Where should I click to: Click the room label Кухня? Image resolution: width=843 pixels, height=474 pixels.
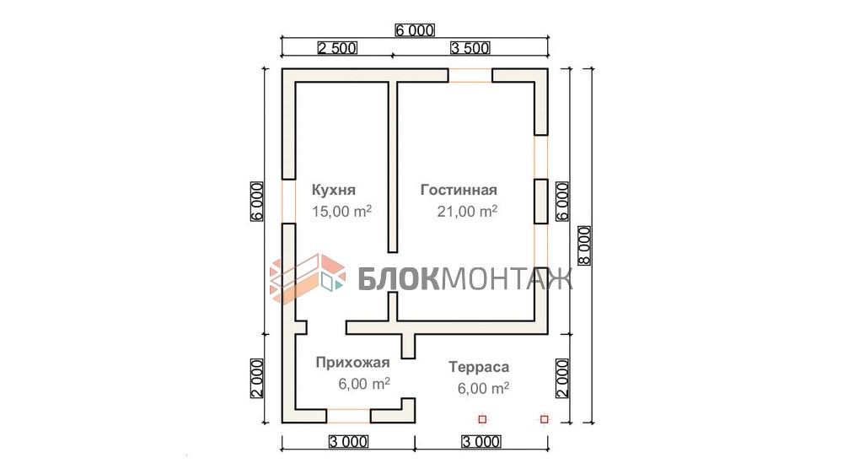(x=333, y=190)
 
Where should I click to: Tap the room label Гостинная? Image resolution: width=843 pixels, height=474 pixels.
(x=459, y=190)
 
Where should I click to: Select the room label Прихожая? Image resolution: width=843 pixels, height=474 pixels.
(x=352, y=363)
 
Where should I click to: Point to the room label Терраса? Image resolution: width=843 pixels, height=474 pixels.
(x=479, y=368)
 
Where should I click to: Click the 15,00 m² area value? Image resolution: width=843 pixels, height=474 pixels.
(x=342, y=211)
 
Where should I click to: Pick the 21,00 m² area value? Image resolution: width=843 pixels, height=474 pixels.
(x=467, y=211)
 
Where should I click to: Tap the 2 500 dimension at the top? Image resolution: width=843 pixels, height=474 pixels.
(x=337, y=48)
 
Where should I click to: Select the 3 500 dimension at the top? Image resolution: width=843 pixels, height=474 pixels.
(x=470, y=48)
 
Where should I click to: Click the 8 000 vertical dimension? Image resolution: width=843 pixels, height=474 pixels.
(x=584, y=245)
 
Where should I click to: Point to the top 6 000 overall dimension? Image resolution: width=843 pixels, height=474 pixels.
(x=415, y=30)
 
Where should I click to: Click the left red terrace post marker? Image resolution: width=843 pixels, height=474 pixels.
(x=482, y=418)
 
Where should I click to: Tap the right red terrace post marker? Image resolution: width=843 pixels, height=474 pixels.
(x=544, y=418)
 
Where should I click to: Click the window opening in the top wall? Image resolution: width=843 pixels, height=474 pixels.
(x=470, y=75)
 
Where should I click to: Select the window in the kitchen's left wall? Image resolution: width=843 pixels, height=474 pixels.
(x=288, y=201)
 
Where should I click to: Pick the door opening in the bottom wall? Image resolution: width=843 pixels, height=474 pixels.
(x=348, y=416)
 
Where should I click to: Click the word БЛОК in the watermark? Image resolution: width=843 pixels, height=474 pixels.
(x=400, y=278)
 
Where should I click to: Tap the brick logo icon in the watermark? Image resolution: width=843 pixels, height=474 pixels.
(x=308, y=278)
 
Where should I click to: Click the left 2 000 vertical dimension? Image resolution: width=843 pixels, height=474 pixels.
(x=257, y=378)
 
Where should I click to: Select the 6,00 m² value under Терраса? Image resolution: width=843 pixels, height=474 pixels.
(x=483, y=388)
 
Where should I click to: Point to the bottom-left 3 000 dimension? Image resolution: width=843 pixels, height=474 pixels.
(x=348, y=442)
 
